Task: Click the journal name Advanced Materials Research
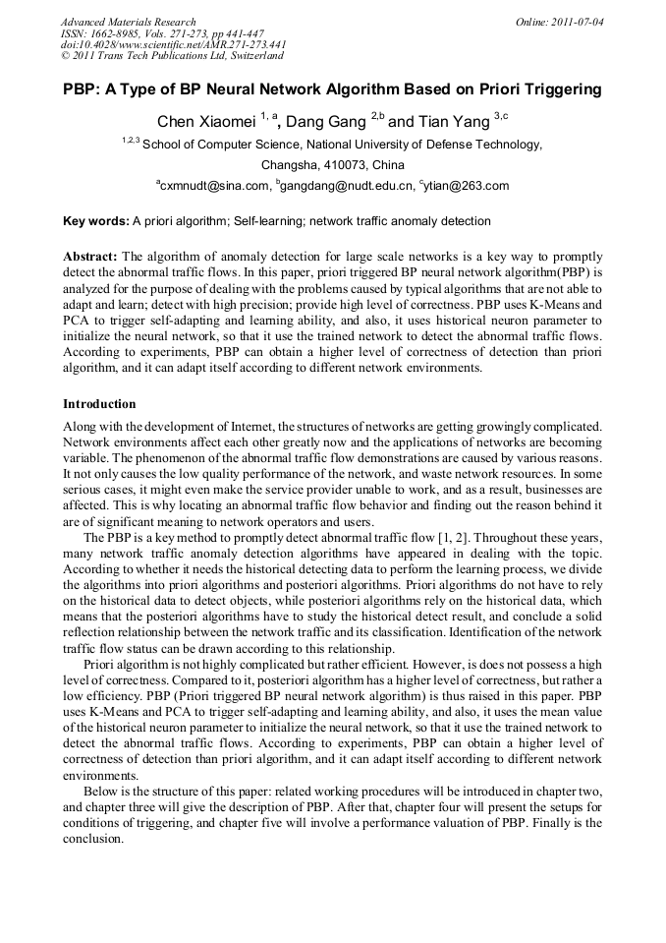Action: [x=128, y=22]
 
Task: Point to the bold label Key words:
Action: [x=95, y=221]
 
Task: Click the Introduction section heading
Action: [x=99, y=404]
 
